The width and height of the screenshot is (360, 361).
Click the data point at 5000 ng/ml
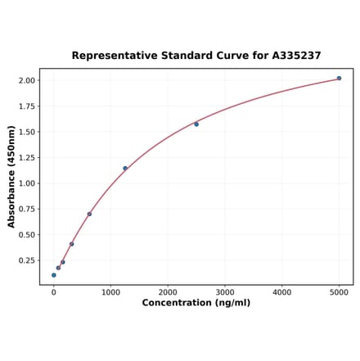click(x=339, y=79)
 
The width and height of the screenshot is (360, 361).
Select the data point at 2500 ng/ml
click(x=196, y=124)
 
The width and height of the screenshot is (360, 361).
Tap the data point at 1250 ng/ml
click(x=125, y=169)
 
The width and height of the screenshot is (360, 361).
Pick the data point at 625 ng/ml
click(x=89, y=214)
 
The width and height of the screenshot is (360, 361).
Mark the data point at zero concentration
click(x=54, y=275)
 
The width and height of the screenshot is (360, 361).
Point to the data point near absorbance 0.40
click(x=72, y=244)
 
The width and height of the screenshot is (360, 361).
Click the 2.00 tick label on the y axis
click(x=25, y=80)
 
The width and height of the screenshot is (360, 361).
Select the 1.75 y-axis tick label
click(x=25, y=106)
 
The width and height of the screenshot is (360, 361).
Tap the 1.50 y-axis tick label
click(x=25, y=132)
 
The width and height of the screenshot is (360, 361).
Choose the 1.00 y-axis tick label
click(x=25, y=183)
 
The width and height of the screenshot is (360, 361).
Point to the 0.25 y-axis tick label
click(x=25, y=260)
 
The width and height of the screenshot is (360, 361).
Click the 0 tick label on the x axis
click(x=54, y=292)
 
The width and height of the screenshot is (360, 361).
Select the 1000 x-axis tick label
click(x=110, y=292)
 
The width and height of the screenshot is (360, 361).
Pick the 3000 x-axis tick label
click(x=225, y=292)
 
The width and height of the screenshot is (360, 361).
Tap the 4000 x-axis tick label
click(x=282, y=292)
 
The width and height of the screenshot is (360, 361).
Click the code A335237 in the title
click(x=291, y=56)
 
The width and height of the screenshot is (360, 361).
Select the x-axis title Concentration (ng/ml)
click(x=196, y=303)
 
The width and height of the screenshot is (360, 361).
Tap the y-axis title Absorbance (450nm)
click(x=11, y=177)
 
